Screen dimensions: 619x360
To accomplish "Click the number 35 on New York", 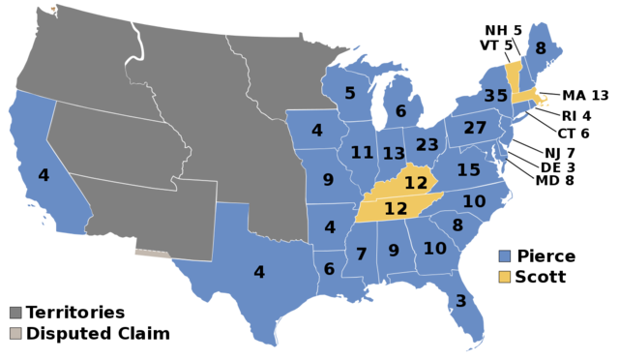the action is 496,96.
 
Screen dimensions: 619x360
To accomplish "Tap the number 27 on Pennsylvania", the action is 475,128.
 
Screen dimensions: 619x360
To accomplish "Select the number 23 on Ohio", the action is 427,145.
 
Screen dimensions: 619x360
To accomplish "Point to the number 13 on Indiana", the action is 394,154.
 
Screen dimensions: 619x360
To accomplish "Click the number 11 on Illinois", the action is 363,153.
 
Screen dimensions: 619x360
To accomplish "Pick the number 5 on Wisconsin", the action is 350,94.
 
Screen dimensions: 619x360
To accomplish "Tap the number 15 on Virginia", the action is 469,170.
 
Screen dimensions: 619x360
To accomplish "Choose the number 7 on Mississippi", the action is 361,255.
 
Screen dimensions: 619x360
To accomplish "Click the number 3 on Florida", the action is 460,301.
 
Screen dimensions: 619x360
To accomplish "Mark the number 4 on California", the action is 44,175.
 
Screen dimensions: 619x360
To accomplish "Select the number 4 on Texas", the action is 259,273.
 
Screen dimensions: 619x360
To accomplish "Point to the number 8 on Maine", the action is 541,48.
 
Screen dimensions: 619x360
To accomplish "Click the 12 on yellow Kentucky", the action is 416,183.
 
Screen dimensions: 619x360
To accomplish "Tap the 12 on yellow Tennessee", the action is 396,208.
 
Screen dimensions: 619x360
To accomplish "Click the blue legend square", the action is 504,256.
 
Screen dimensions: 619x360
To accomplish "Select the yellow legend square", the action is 504,277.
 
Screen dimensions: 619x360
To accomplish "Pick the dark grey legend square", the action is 15,313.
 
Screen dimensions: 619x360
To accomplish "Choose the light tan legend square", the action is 15,333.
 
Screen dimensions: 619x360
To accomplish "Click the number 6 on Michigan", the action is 400,111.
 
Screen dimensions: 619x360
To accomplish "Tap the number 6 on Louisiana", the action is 329,269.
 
